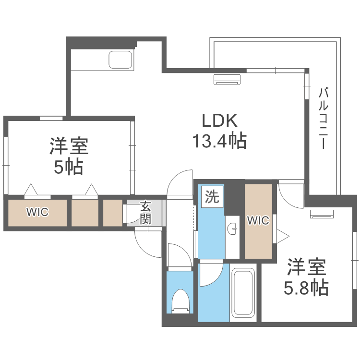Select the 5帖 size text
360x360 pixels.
pyautogui.click(x=68, y=167)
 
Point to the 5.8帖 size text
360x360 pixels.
pyautogui.click(x=306, y=287)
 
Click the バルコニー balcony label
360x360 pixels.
pyautogui.click(x=323, y=118)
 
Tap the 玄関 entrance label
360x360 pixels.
pyautogui.click(x=145, y=213)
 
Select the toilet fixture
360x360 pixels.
pyautogui.click(x=181, y=301)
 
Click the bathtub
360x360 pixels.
pyautogui.click(x=243, y=293)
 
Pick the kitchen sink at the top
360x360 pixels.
pyautogui.click(x=120, y=60)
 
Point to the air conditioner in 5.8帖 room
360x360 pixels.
pyautogui.click(x=322, y=214)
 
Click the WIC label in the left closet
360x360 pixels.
pyautogui.click(x=37, y=212)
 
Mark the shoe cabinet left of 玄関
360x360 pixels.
pyautogui.click(x=113, y=212)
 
